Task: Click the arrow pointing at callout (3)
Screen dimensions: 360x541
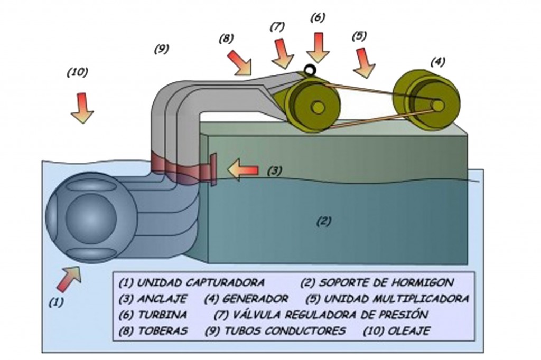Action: tap(242, 170)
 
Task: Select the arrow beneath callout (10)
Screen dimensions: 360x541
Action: tap(82, 108)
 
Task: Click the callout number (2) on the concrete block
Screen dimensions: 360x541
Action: tap(323, 222)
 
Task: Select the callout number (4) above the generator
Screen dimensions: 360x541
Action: tap(437, 62)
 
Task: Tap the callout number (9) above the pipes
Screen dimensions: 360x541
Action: tap(161, 49)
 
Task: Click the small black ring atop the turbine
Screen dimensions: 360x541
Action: tap(310, 70)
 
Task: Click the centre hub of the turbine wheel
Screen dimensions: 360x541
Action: tap(318, 107)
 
